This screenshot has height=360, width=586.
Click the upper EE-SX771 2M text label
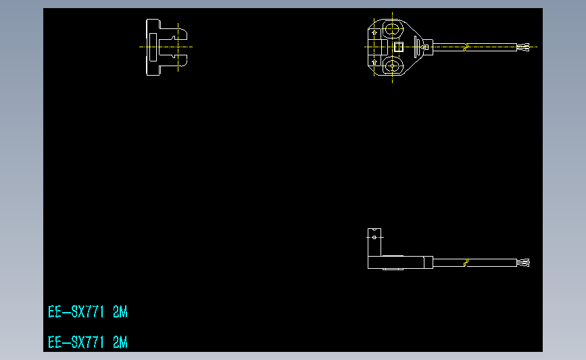click(x=88, y=312)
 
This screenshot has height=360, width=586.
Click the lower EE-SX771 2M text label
click(x=88, y=342)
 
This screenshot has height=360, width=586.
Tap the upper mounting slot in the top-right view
click(x=392, y=29)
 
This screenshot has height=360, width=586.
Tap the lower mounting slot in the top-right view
click(x=392, y=66)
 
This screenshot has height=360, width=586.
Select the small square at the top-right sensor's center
click(x=398, y=47)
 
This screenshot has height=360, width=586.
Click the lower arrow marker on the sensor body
click(x=375, y=61)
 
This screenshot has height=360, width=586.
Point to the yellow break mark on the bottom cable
click(x=465, y=263)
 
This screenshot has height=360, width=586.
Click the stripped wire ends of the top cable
click(x=523, y=47)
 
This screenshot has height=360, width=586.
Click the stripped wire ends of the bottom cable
click(x=523, y=263)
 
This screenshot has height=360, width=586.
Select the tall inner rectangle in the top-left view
click(x=152, y=47)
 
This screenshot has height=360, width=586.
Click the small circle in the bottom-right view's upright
click(x=375, y=237)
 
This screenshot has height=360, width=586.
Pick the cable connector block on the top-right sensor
click(x=426, y=47)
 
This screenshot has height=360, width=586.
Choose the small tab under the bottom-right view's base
click(x=391, y=269)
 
